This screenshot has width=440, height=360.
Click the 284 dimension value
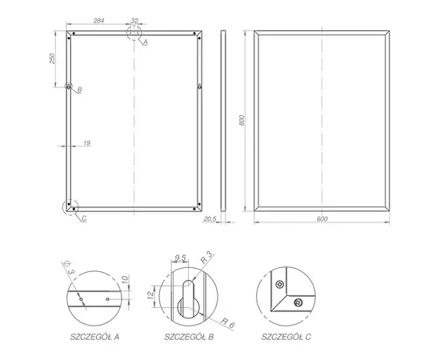(x=98, y=21)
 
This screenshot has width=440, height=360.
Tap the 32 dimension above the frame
(x=134, y=21)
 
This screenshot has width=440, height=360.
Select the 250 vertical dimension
(x=52, y=58)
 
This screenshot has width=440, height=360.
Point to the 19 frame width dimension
(x=87, y=143)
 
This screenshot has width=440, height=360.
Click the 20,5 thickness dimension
(x=210, y=219)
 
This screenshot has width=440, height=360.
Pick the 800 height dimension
(x=242, y=120)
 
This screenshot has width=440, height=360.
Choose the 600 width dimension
(x=322, y=219)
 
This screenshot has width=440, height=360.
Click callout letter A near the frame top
(x=146, y=42)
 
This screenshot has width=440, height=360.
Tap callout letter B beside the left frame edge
(x=79, y=90)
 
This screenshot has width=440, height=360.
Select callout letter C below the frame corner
(x=84, y=218)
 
